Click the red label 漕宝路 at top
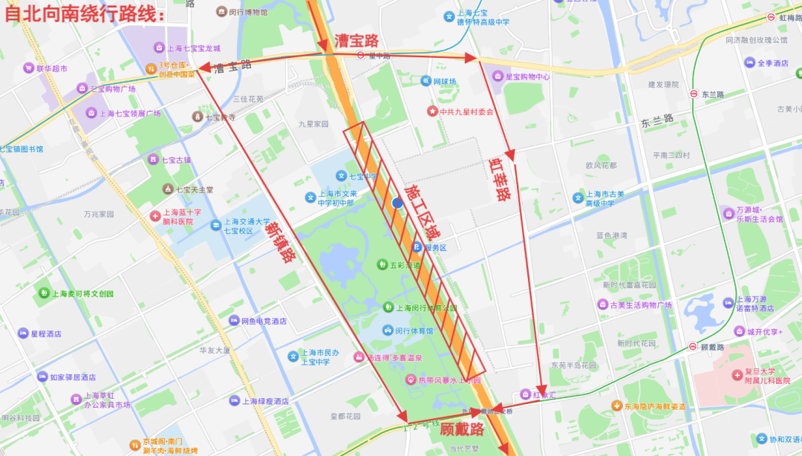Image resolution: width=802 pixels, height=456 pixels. (x=356, y=40)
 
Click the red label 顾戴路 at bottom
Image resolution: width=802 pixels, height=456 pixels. (x=461, y=429)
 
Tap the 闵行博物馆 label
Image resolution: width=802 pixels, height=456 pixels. (x=247, y=12)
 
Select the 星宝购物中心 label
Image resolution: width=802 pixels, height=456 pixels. (x=527, y=76)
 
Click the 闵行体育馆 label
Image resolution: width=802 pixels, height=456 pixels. (x=413, y=330)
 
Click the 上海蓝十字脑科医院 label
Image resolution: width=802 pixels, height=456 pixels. (x=177, y=216)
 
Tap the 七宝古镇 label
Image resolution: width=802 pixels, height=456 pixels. (x=176, y=160)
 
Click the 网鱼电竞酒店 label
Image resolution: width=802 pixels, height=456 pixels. (x=264, y=322)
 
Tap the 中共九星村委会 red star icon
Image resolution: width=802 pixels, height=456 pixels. (x=433, y=111)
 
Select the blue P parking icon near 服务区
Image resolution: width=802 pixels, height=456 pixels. (x=417, y=247)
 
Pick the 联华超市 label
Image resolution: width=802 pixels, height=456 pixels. (x=52, y=68)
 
